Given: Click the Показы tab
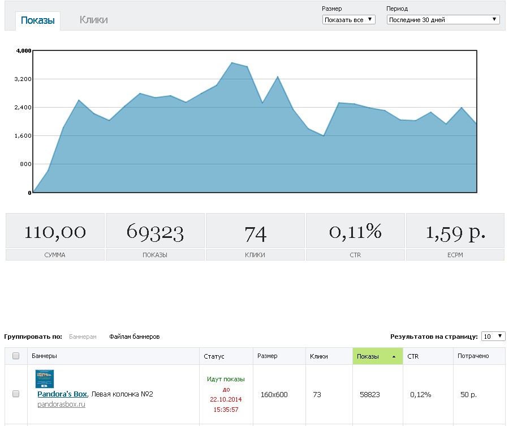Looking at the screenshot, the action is pyautogui.click(x=38, y=20).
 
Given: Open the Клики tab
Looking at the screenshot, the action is pyautogui.click(x=93, y=20).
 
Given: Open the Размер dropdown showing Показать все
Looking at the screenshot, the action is pyautogui.click(x=348, y=20).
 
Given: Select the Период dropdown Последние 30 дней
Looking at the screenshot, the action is pyautogui.click(x=443, y=20).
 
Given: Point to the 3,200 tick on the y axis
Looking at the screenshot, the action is pyautogui.click(x=23, y=79).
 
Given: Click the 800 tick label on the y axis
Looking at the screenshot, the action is pyautogui.click(x=25, y=164).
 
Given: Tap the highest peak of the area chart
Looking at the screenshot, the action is pyautogui.click(x=232, y=62).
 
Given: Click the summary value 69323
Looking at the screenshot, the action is pyautogui.click(x=155, y=232).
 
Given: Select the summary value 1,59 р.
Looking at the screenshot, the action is pyautogui.click(x=455, y=232).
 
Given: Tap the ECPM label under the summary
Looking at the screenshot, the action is pyautogui.click(x=455, y=255).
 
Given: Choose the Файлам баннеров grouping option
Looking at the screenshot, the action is pyautogui.click(x=135, y=336).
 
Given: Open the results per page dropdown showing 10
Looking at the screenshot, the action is pyautogui.click(x=493, y=336).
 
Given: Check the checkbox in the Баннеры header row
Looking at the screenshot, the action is pyautogui.click(x=16, y=356).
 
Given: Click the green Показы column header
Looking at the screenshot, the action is pyautogui.click(x=378, y=356).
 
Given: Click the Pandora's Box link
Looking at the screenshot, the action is pyautogui.click(x=62, y=394).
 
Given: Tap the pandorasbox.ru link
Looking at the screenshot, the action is pyautogui.click(x=61, y=404).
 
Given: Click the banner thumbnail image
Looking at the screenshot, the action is pyautogui.click(x=45, y=379).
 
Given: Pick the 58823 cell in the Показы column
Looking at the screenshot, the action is pyautogui.click(x=370, y=394).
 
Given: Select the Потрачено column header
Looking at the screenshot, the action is pyautogui.click(x=473, y=356).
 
